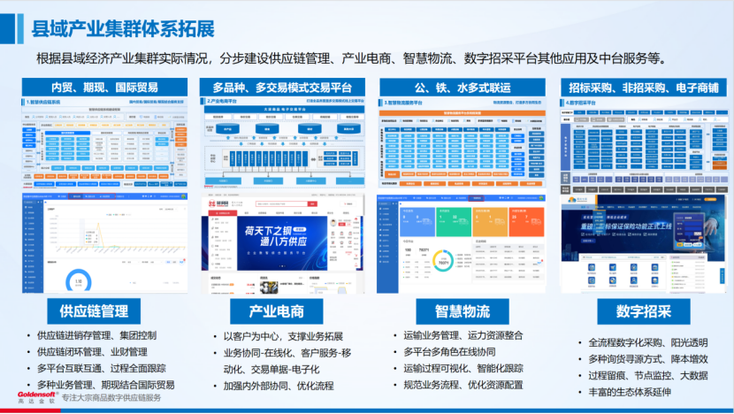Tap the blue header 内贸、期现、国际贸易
104,87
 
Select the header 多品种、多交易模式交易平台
281,87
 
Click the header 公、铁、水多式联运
461,87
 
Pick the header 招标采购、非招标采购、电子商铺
642,87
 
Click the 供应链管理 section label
94,310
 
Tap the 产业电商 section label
276,311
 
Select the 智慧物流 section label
462,311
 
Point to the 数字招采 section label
643,311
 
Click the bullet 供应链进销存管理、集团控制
96,335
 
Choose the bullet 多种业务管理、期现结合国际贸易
105,385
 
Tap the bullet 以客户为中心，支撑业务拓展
282,336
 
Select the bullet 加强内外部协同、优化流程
278,386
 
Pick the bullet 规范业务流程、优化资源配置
463,385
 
